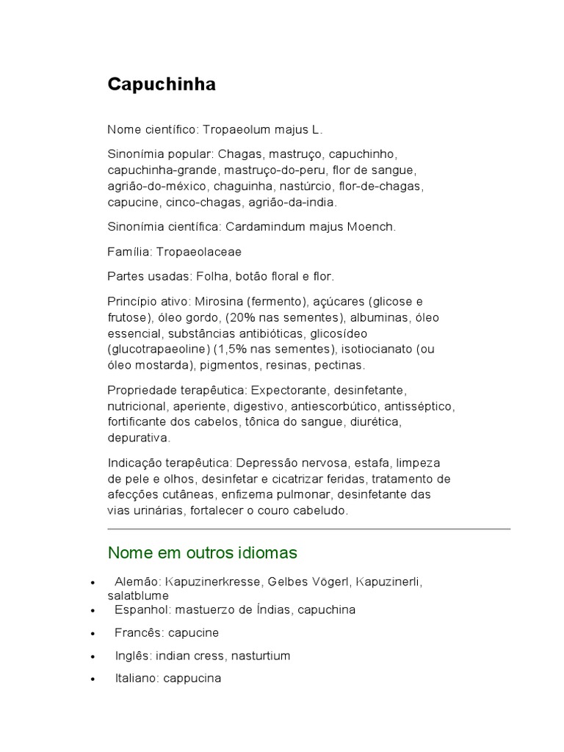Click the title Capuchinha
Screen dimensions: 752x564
(162, 84)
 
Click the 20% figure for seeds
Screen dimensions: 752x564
(242, 317)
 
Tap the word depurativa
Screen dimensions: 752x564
(139, 438)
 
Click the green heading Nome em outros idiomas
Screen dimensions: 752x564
(202, 552)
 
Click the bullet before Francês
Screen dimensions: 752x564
(92, 633)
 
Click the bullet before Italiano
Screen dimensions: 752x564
(92, 679)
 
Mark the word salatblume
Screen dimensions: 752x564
(138, 596)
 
